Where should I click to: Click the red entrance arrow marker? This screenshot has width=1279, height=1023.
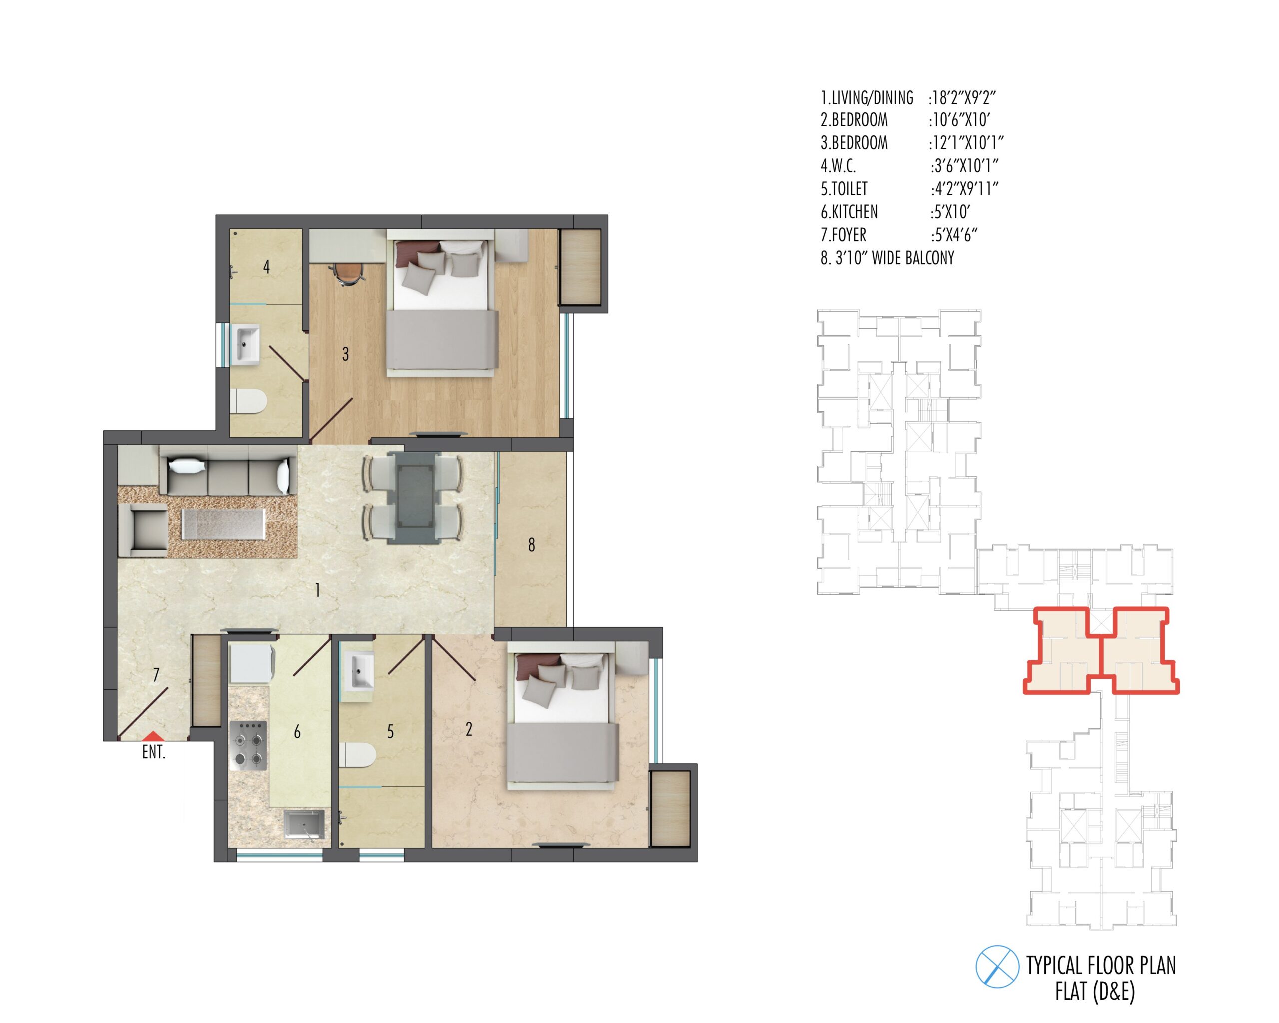[x=153, y=735]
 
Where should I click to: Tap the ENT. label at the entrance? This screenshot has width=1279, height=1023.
[x=154, y=753]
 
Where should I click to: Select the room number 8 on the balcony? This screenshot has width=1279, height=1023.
[x=532, y=545]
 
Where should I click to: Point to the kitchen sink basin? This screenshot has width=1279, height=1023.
[x=305, y=825]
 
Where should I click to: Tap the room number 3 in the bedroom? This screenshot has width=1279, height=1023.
[x=345, y=354]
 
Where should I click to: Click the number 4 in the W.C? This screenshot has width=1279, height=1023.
[x=267, y=267]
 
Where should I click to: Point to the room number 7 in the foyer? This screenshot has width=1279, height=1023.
[x=156, y=675]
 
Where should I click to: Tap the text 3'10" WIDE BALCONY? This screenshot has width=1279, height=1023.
[x=895, y=258]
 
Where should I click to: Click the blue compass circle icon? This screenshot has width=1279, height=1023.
[x=997, y=966]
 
